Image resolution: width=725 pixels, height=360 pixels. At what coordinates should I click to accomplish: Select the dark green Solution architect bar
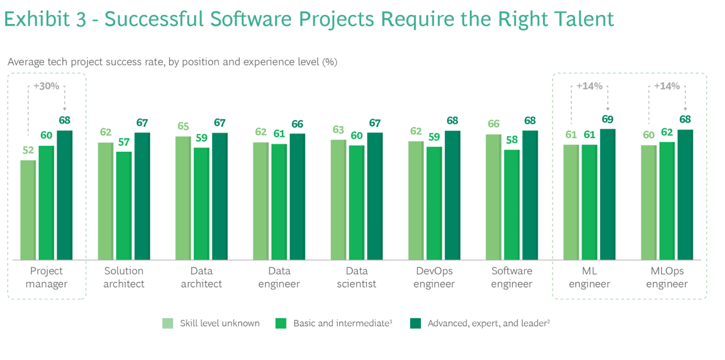142,196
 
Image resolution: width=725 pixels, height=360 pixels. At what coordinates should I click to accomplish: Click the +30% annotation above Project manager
46,86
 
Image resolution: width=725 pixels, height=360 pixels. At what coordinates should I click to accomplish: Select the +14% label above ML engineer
589,86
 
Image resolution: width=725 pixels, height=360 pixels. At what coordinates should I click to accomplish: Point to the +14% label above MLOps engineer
667,86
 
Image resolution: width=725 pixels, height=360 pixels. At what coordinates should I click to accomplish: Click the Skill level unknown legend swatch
168,323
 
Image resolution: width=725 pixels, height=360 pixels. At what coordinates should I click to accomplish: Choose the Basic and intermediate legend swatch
281,323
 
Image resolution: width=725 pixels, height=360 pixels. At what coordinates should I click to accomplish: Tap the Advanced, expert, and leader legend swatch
415,323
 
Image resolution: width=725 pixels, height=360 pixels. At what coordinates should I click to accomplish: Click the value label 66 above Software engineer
493,124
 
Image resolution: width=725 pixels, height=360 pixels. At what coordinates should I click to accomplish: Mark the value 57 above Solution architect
124,142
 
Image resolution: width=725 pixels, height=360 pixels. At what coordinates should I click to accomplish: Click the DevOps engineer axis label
434,277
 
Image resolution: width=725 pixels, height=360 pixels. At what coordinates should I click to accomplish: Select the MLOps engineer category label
667,277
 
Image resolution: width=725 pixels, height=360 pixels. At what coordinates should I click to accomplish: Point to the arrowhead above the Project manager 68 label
64,109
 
